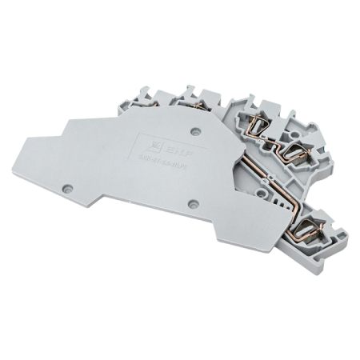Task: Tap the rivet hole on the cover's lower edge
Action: click(x=192, y=204)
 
